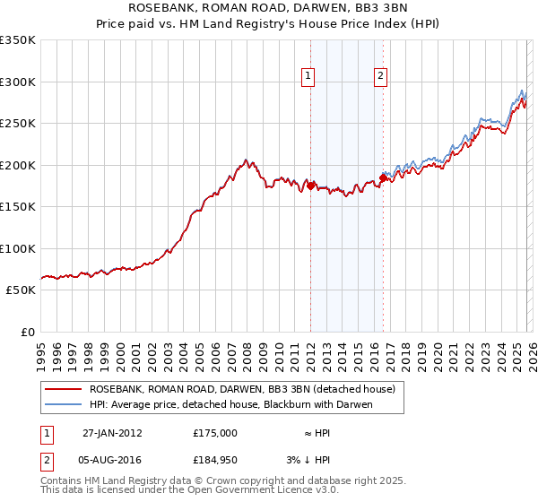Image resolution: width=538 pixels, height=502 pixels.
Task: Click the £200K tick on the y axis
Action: [x=18, y=165]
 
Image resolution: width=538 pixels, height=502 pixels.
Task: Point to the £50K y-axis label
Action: [x=18, y=290]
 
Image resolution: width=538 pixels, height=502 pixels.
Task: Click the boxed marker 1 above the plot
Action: [x=308, y=77]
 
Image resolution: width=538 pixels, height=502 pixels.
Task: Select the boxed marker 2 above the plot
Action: [x=381, y=77]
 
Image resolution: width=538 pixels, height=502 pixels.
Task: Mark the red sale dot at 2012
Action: [x=310, y=186]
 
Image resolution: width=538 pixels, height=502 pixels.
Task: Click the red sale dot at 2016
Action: [x=383, y=177]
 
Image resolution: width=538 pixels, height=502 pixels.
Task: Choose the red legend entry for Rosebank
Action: [x=247, y=389]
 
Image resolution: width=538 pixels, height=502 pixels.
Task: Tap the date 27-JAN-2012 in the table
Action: [x=112, y=432]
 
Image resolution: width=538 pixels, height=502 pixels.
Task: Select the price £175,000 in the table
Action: [x=214, y=432]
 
